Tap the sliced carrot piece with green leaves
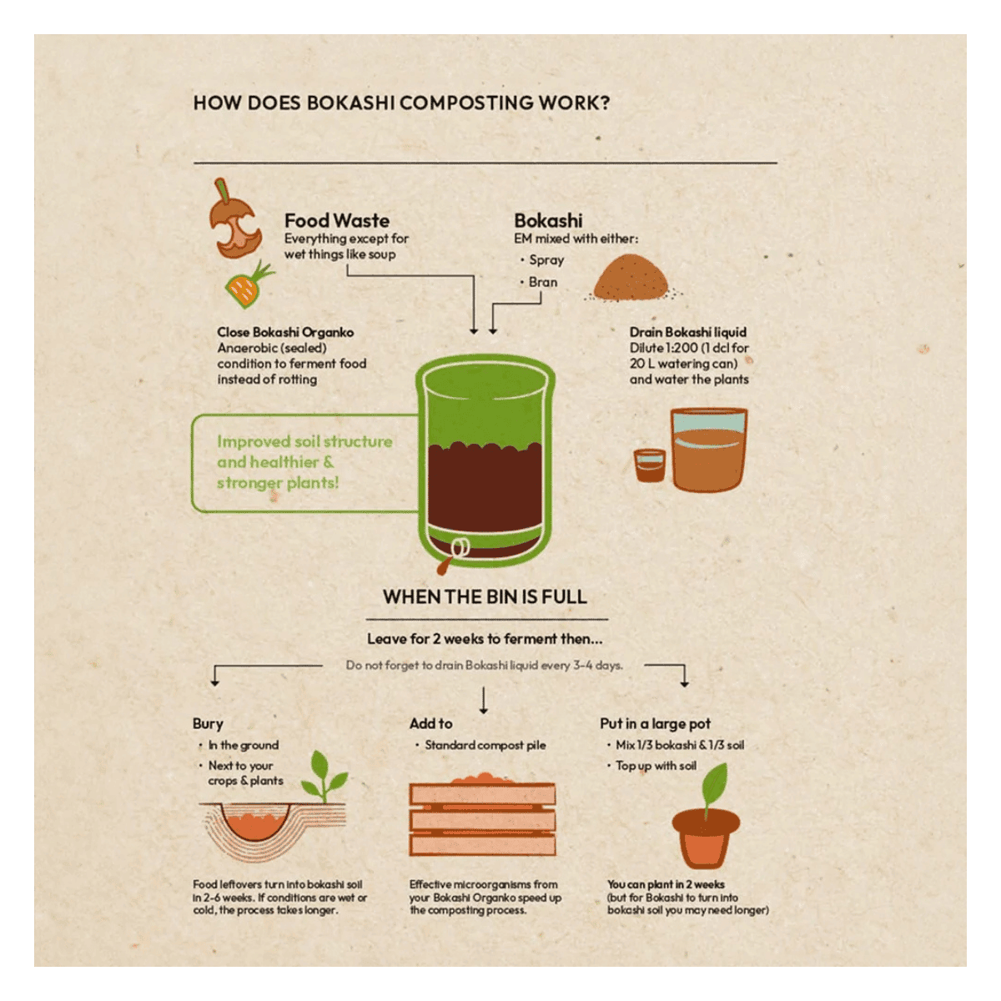coord(249,284)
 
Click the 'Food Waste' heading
coord(337,221)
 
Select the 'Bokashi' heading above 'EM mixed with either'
coord(548,221)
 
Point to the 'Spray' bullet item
coord(546,259)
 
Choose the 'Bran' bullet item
coord(542,282)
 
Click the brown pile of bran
coord(631,278)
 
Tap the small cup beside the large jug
coord(649,465)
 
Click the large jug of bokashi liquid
coord(708,450)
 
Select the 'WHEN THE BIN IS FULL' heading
coord(485,597)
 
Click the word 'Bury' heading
coord(208,724)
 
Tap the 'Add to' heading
coord(430,723)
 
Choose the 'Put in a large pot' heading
coord(655,723)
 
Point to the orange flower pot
coord(706,839)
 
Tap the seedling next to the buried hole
coord(324,777)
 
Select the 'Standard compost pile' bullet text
coord(485,746)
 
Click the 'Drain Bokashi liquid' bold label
coord(687,333)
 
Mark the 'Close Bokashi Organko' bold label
coord(285,333)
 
